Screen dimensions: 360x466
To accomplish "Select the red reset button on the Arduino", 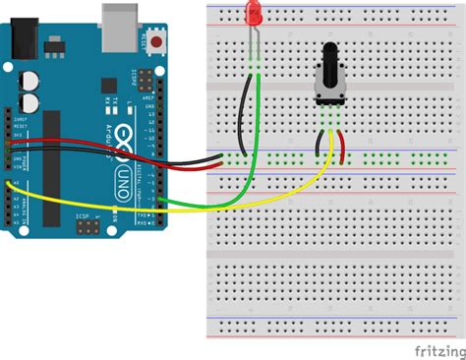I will (x=156, y=42).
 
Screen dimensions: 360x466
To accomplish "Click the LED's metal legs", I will (x=254, y=39).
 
